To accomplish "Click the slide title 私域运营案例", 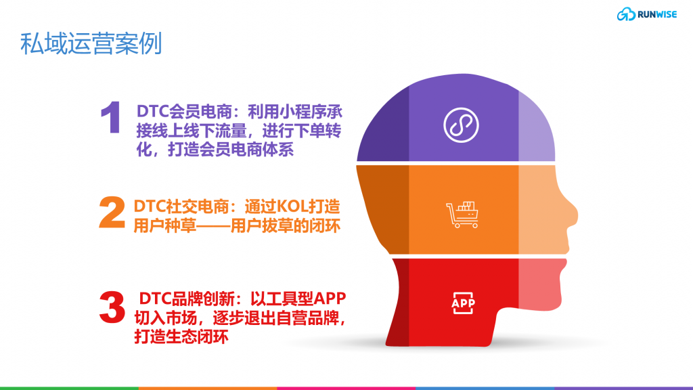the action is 91,43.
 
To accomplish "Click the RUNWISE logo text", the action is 656,15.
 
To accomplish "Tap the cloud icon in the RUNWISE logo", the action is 626,14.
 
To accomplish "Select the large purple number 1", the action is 111,117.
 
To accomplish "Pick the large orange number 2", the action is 112,212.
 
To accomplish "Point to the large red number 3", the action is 112,307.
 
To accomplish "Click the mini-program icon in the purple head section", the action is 461,125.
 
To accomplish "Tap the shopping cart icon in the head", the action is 462,215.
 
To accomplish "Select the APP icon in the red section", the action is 463,303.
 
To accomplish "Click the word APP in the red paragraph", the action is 330,299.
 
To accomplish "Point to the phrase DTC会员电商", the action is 184,112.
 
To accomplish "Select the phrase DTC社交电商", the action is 183,207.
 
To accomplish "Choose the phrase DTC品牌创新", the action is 187,299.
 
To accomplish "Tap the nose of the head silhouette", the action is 571,215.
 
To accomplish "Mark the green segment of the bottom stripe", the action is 70,388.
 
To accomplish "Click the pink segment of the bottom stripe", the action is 346,388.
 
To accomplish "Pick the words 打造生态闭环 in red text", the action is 181,337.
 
